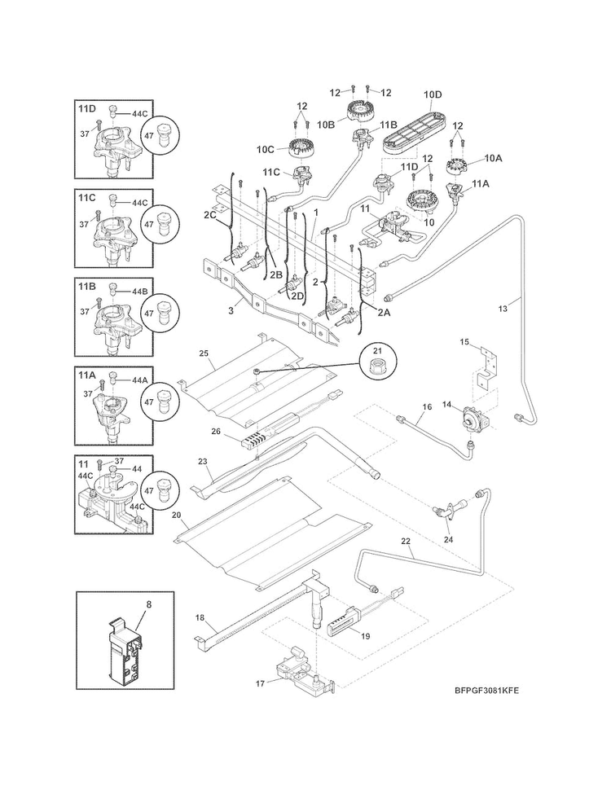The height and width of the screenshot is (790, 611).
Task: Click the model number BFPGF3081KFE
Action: coord(486,691)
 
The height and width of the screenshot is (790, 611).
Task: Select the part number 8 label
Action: coord(148,605)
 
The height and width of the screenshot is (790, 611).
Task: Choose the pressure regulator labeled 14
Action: coord(471,416)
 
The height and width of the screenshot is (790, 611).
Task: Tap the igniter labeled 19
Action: coord(343,625)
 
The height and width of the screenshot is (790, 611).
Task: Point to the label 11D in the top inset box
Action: coord(87,108)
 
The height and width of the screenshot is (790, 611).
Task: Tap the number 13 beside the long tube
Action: coord(503,309)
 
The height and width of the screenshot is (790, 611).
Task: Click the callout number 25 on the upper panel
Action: coord(204,353)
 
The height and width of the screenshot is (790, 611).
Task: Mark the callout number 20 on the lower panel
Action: coord(176,516)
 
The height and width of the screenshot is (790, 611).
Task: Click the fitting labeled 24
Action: coord(445,511)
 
